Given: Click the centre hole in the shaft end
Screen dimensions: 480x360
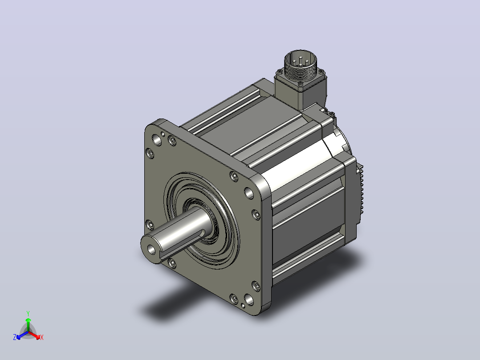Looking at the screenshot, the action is (151, 250).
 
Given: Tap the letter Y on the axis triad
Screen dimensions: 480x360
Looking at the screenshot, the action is (28, 314).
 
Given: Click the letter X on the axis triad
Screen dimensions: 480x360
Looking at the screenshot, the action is (42, 337).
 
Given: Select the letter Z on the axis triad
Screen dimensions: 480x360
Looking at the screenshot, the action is (14, 337).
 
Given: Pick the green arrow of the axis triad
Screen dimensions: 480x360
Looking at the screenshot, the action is (28, 324).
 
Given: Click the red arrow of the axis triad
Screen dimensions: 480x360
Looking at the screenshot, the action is (34, 335).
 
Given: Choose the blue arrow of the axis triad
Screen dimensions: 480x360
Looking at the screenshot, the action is (22, 335).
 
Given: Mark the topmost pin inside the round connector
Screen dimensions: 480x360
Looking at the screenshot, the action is (300, 57).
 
